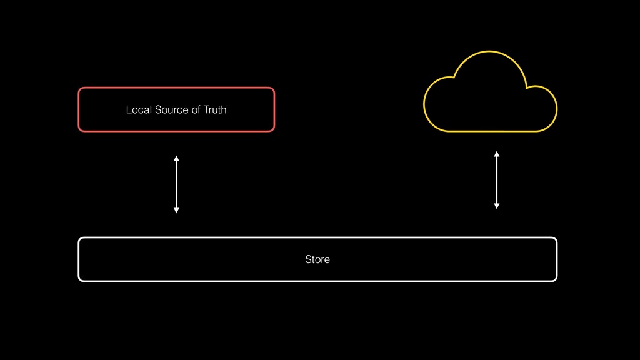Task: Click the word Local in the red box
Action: click(137, 110)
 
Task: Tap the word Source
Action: click(169, 110)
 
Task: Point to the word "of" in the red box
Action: click(196, 110)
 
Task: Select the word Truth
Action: click(215, 110)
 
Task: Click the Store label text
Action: click(317, 259)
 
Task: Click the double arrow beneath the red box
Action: click(176, 184)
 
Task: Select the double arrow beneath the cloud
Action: click(497, 179)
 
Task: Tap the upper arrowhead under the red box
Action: click(176, 158)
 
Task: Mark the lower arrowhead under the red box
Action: click(176, 211)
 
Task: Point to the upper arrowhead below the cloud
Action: click(497, 153)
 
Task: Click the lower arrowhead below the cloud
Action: click(497, 206)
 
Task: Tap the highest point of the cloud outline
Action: click(489, 52)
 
